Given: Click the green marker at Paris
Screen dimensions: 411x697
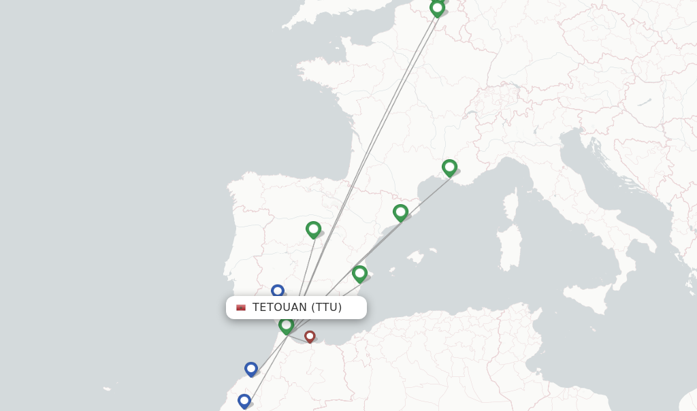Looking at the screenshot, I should tap(437, 8).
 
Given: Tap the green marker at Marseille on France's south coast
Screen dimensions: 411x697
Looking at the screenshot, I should tap(449, 167).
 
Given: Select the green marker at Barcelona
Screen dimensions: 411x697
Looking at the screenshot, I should tap(400, 212).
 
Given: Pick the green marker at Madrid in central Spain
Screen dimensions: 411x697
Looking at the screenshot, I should tap(313, 229).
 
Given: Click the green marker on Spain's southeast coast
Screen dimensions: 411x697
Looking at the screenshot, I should tap(359, 274).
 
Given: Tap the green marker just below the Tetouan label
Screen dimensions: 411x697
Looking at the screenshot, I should tap(286, 325).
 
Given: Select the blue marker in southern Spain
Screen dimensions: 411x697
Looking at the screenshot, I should tap(277, 291).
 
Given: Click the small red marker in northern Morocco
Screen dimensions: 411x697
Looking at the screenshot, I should tap(310, 336).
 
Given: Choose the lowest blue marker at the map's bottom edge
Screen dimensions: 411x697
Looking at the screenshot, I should tap(244, 401).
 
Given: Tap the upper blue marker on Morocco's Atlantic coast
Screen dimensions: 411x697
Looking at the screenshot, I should tap(251, 369).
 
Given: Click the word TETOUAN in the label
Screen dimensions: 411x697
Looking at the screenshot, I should tap(279, 308).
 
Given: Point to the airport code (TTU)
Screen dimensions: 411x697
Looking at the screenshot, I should tap(327, 308).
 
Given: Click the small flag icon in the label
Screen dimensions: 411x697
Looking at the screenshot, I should tap(241, 308).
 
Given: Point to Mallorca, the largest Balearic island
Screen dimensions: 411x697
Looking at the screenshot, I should tap(416, 257).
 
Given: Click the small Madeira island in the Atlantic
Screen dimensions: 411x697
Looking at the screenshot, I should tap(108, 389).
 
